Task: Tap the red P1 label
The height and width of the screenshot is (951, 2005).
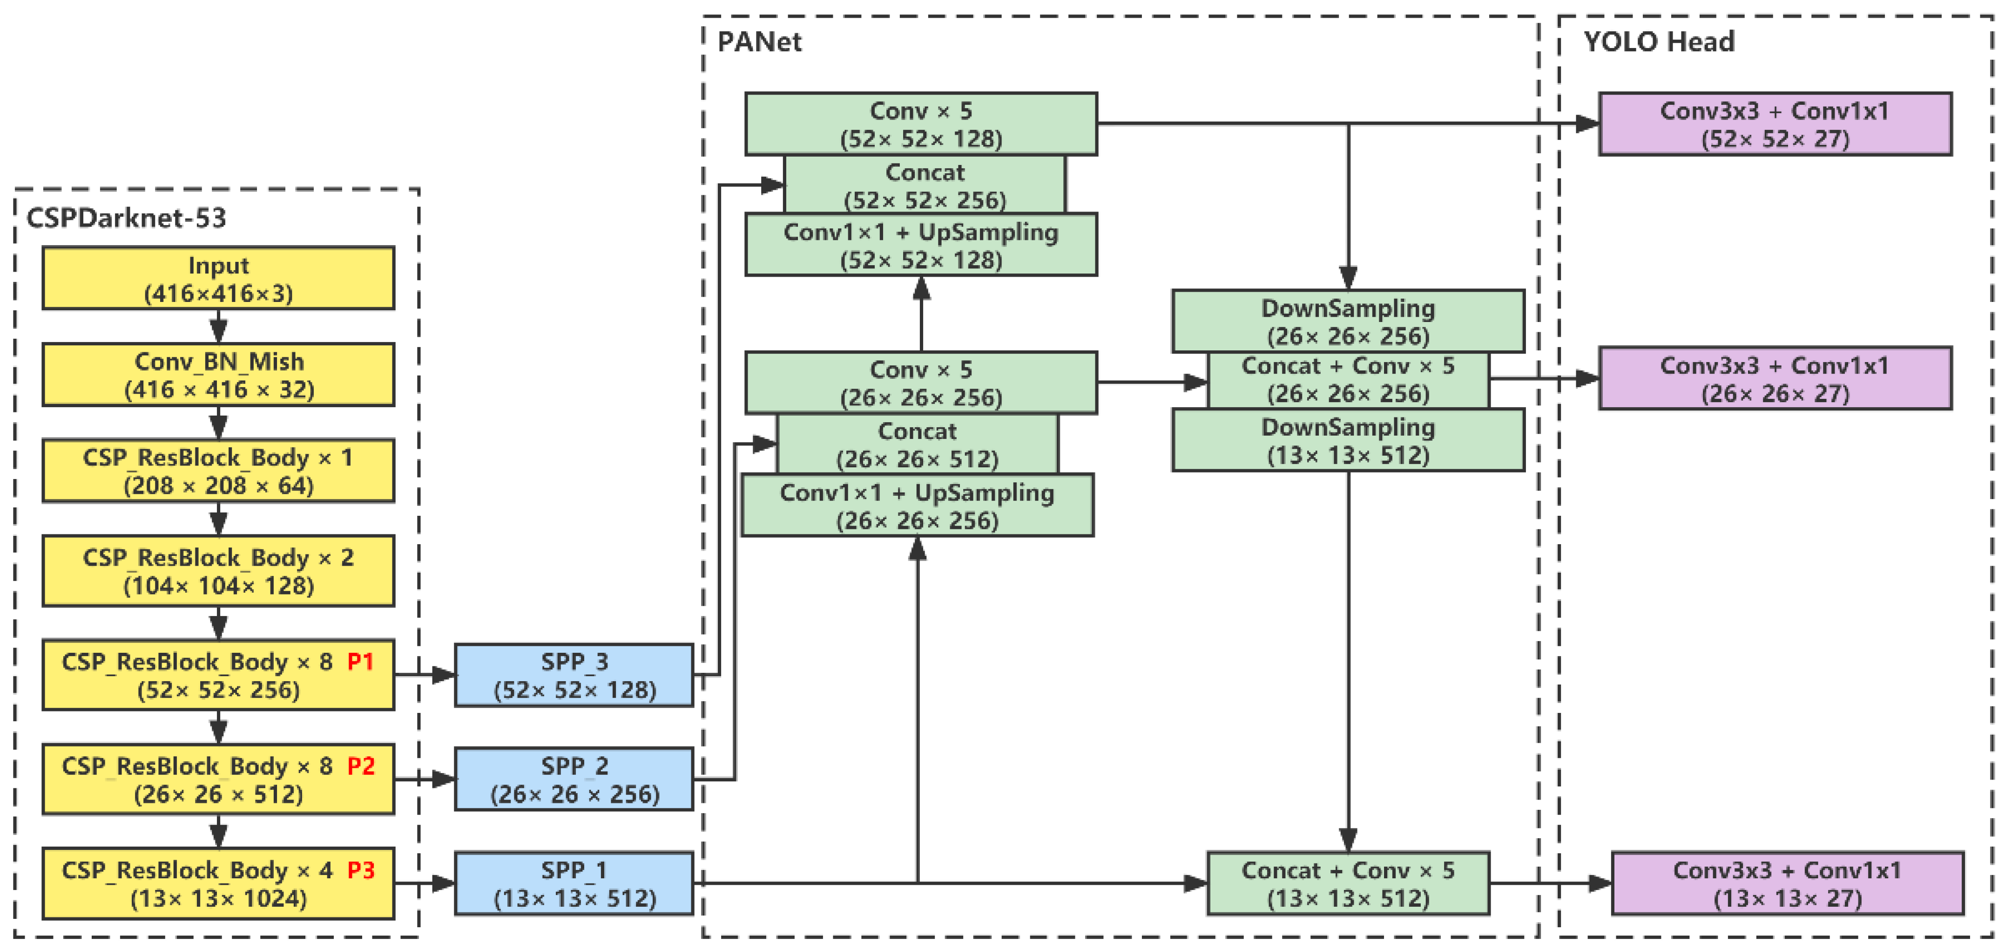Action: (360, 662)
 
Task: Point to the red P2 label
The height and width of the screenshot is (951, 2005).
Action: (360, 766)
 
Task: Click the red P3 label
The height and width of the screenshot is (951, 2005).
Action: (360, 870)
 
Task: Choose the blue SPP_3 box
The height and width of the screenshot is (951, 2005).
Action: (574, 675)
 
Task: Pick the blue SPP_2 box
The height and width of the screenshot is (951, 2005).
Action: (574, 779)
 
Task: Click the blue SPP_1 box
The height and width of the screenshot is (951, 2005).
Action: (574, 883)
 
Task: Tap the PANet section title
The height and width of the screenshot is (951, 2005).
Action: (759, 41)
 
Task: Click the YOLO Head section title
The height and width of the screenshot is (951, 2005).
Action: (1659, 41)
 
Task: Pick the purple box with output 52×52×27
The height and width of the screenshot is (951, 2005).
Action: (1775, 124)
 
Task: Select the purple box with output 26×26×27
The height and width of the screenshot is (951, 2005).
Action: (1775, 378)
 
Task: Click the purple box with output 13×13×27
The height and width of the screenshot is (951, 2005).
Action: (1787, 883)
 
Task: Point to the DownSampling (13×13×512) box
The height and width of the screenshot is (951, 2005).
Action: (1348, 441)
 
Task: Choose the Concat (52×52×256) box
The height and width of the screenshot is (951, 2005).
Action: (925, 185)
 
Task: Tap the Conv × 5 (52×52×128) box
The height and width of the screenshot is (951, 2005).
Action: (921, 124)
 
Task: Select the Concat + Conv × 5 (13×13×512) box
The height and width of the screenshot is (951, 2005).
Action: (1348, 883)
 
